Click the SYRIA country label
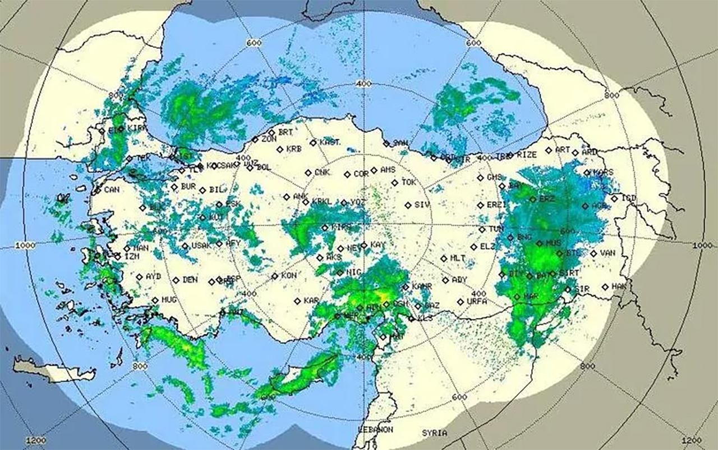pyautogui.click(x=435, y=433)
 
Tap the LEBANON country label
pyautogui.click(x=376, y=429)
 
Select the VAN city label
pyautogui.click(x=607, y=253)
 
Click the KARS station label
pyautogui.click(x=603, y=172)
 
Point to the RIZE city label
pyautogui.click(x=527, y=154)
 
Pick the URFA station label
pyautogui.click(x=476, y=302)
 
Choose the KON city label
pyautogui.click(x=289, y=276)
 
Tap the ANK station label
pyautogui.click(x=301, y=197)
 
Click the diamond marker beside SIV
pyautogui.click(x=408, y=205)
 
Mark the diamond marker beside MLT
pyautogui.click(x=444, y=258)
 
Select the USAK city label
pyautogui.click(x=200, y=246)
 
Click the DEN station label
pyautogui.click(x=190, y=280)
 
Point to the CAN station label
pyautogui.click(x=112, y=190)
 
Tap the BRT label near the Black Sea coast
pyautogui.click(x=286, y=132)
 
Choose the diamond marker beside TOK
pyautogui.click(x=395, y=183)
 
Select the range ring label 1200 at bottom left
pyautogui.click(x=36, y=440)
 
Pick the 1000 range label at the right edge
pyautogui.click(x=702, y=246)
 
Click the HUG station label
pyautogui.click(x=169, y=300)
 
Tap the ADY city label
pyautogui.click(x=459, y=280)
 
